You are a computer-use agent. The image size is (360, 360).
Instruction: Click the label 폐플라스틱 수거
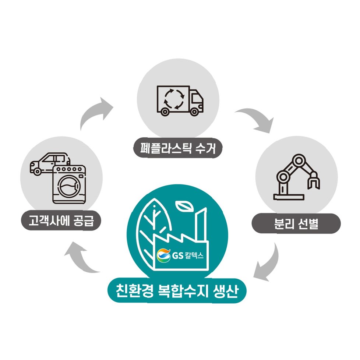tap(178, 149)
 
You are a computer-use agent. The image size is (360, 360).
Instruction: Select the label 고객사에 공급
tap(61, 221)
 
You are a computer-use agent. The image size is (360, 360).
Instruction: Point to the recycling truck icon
tap(180, 100)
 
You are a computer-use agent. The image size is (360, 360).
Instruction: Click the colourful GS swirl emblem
tap(163, 255)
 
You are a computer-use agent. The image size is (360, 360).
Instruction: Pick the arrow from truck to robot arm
tap(255, 120)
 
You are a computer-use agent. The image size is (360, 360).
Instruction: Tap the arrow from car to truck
tap(96, 112)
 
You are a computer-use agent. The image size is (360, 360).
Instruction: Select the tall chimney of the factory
tap(201, 225)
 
